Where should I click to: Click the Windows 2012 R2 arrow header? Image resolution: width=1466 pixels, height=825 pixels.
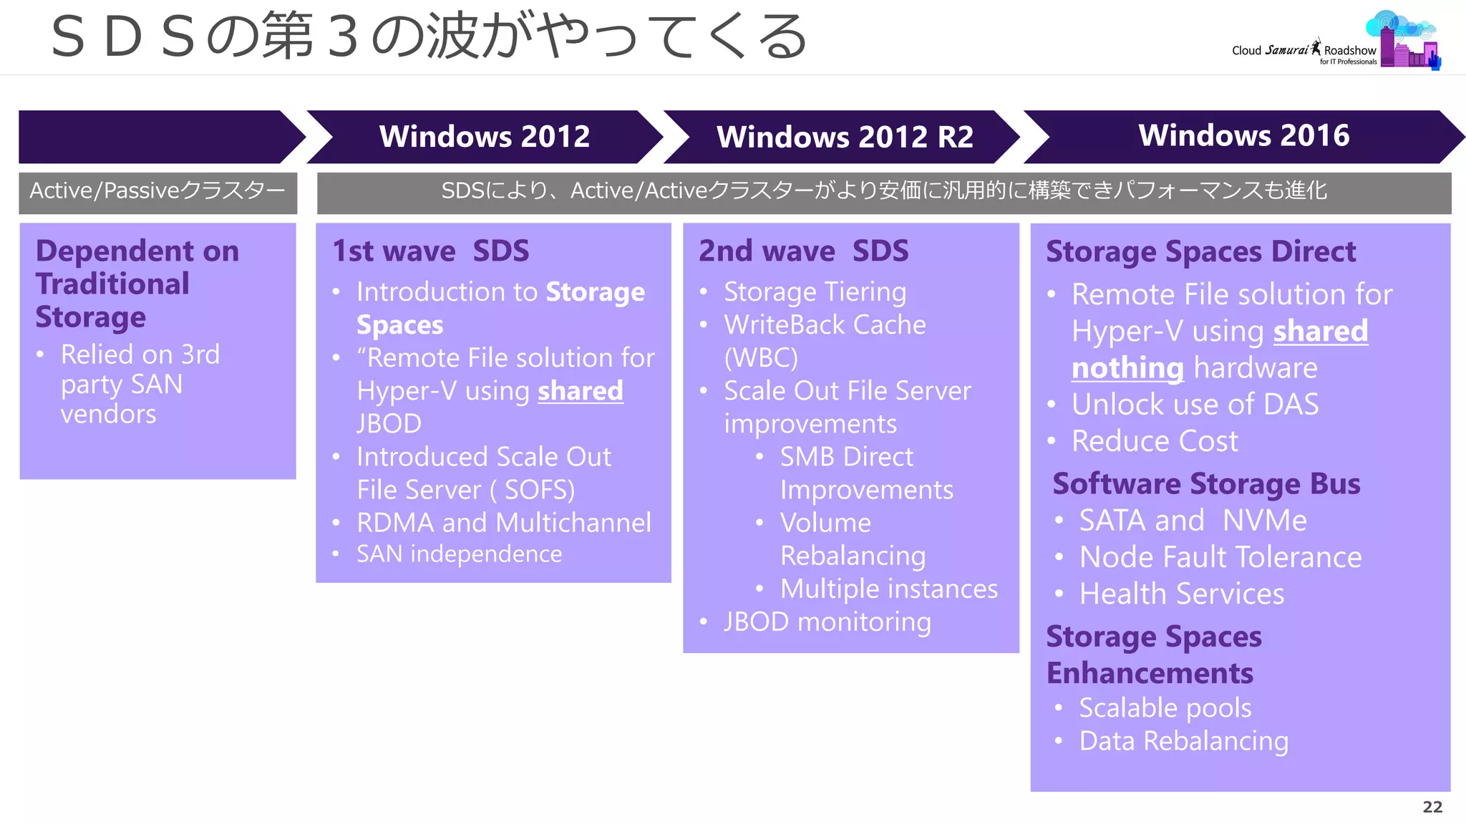(845, 137)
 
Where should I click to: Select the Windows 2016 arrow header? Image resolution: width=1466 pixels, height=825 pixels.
(1243, 136)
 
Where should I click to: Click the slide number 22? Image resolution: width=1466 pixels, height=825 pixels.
(1432, 807)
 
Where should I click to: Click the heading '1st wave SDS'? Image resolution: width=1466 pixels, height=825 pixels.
(430, 251)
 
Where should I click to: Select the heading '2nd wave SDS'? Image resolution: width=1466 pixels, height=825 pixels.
(803, 251)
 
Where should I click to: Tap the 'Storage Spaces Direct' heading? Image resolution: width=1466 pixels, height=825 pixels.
(1200, 252)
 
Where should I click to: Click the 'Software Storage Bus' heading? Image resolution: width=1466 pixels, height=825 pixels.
(1206, 484)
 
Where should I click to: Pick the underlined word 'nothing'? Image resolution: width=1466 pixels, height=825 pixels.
(1127, 368)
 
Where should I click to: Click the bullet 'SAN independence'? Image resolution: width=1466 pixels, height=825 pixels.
(459, 554)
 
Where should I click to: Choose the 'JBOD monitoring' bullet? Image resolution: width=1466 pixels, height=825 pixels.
(827, 622)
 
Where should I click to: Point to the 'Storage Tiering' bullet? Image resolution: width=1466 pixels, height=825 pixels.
(815, 292)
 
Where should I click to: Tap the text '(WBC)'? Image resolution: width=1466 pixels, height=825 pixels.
(760, 358)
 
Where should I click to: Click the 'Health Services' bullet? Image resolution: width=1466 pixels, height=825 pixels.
(1181, 594)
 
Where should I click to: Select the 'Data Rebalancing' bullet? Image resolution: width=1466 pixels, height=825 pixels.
(1183, 741)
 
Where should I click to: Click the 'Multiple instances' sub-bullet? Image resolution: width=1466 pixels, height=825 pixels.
(888, 589)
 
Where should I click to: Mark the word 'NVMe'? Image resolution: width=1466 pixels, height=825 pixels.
(1264, 521)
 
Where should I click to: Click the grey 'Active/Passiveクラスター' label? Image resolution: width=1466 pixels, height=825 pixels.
(157, 191)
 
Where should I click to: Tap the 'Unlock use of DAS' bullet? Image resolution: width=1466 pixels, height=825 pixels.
(1195, 405)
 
